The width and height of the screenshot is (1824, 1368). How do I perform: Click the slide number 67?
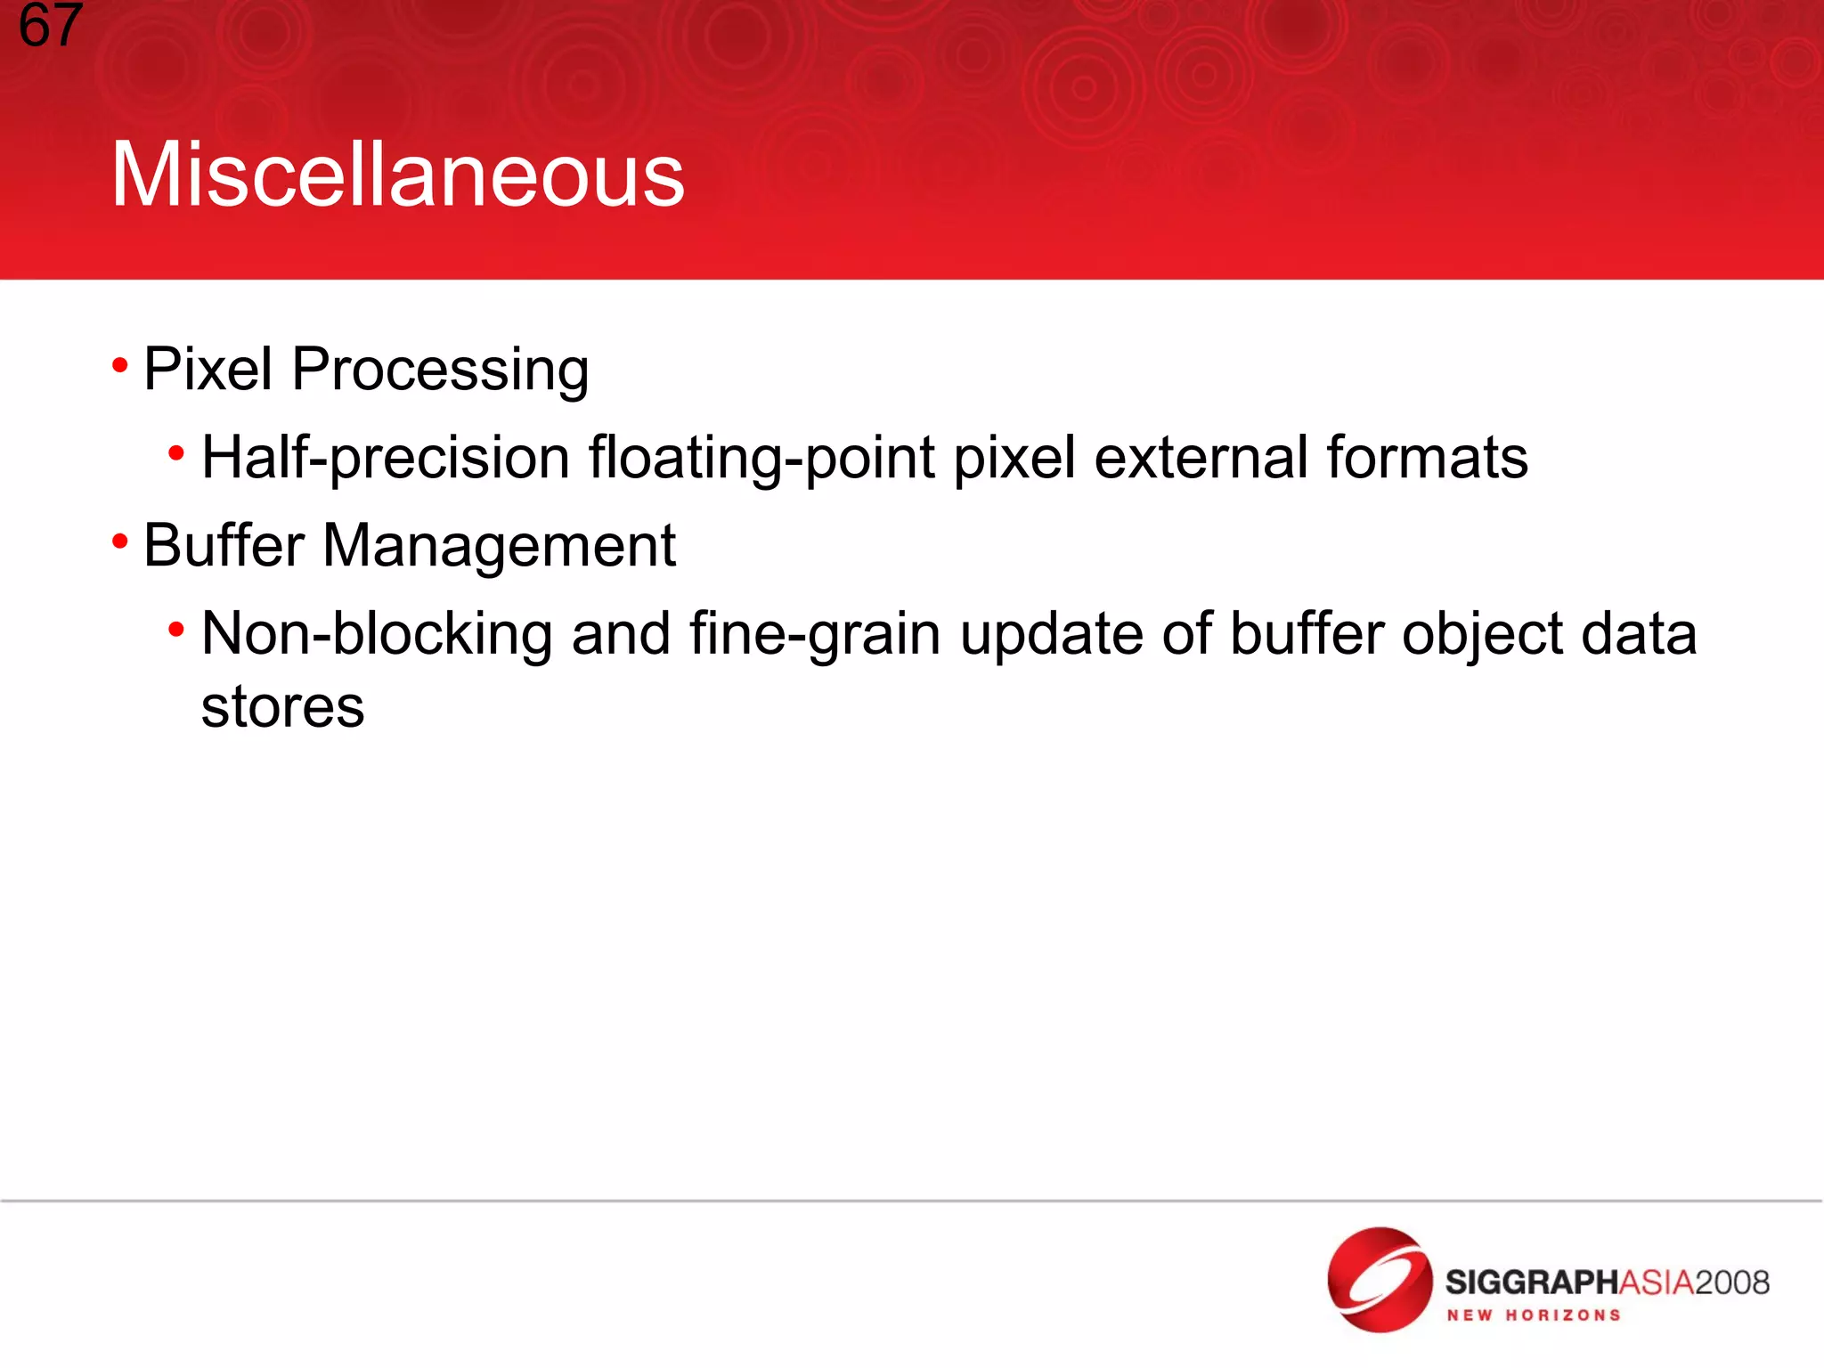tap(50, 25)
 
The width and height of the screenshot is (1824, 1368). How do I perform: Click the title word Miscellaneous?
tap(397, 175)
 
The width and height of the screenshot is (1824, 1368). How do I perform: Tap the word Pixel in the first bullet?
tap(208, 369)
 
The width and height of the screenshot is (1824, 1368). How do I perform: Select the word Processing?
tap(440, 370)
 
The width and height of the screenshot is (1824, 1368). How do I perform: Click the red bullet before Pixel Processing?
tap(120, 365)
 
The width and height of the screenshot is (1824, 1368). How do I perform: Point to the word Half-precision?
tap(385, 459)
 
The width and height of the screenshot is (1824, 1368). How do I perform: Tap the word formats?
tap(1427, 457)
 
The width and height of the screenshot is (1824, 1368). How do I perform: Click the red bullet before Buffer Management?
tap(120, 541)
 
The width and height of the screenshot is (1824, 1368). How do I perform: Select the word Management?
tap(499, 545)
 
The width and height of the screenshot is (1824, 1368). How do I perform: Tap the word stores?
tap(282, 707)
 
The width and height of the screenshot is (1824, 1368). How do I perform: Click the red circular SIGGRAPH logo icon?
tap(1380, 1279)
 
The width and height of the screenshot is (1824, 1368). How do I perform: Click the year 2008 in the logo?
tap(1731, 1282)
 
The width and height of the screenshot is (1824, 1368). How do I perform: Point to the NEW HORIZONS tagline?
tap(1533, 1315)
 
